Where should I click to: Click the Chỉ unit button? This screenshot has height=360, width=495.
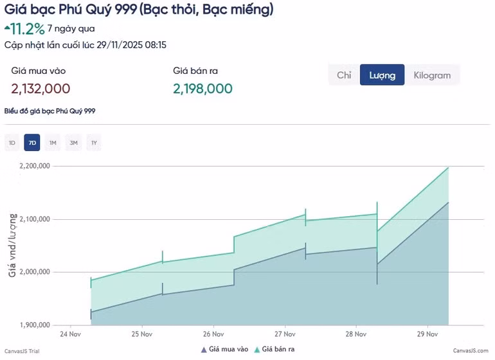344,75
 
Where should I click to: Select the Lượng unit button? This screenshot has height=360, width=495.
382,75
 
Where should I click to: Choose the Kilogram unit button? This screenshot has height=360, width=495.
432,75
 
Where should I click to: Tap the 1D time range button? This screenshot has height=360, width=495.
12,143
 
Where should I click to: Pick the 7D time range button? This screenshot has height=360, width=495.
32,143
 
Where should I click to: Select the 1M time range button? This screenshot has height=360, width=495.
53,143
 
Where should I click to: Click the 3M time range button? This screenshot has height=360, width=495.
73,143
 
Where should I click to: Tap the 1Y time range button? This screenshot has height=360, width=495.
94,143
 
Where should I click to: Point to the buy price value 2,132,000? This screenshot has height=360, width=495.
40,89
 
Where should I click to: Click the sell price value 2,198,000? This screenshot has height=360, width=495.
203,89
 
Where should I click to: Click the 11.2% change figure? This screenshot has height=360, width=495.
28,28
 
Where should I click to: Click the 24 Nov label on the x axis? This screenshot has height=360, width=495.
70,334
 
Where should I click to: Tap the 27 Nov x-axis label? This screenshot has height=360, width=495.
284,334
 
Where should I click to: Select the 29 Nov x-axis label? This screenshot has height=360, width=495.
427,334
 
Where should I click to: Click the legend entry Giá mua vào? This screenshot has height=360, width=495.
224,349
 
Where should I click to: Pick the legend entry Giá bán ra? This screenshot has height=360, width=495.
274,349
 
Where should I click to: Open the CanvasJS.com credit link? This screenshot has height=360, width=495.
471,350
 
